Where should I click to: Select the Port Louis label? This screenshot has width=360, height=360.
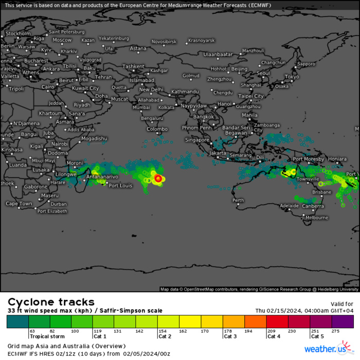121,186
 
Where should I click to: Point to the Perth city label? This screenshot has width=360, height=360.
238,200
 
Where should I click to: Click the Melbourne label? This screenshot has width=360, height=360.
316,218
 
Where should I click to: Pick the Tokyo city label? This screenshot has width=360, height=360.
292,77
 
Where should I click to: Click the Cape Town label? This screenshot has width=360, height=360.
19,204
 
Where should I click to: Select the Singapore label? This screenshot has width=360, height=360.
197,140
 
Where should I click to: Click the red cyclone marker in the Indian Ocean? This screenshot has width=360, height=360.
158,178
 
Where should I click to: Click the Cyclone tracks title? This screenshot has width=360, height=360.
51,302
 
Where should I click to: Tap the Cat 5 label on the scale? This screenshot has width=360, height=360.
317,337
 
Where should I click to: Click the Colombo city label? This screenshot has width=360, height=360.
157,129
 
